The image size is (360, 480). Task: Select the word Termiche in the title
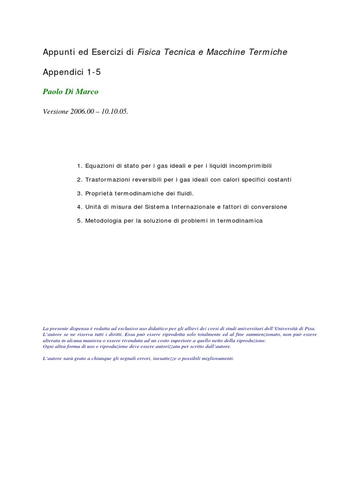tap(270, 52)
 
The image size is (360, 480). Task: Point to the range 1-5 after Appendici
tap(93, 73)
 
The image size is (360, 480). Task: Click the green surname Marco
tap(88, 92)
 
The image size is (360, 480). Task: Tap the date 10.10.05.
tap(117, 112)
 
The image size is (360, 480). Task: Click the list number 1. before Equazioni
tap(80, 166)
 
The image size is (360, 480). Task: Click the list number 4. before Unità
tap(80, 207)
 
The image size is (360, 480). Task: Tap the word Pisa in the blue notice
tap(311, 329)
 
